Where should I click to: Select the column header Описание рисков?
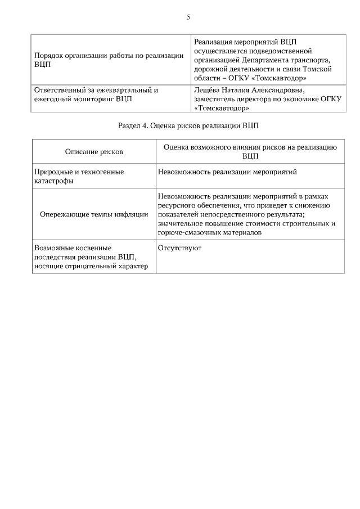[x=94, y=151]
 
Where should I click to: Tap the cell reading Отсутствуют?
[x=180, y=247]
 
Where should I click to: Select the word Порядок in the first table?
[x=49, y=56]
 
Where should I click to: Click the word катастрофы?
[x=53, y=181]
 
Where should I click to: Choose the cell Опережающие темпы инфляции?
[x=94, y=214]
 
